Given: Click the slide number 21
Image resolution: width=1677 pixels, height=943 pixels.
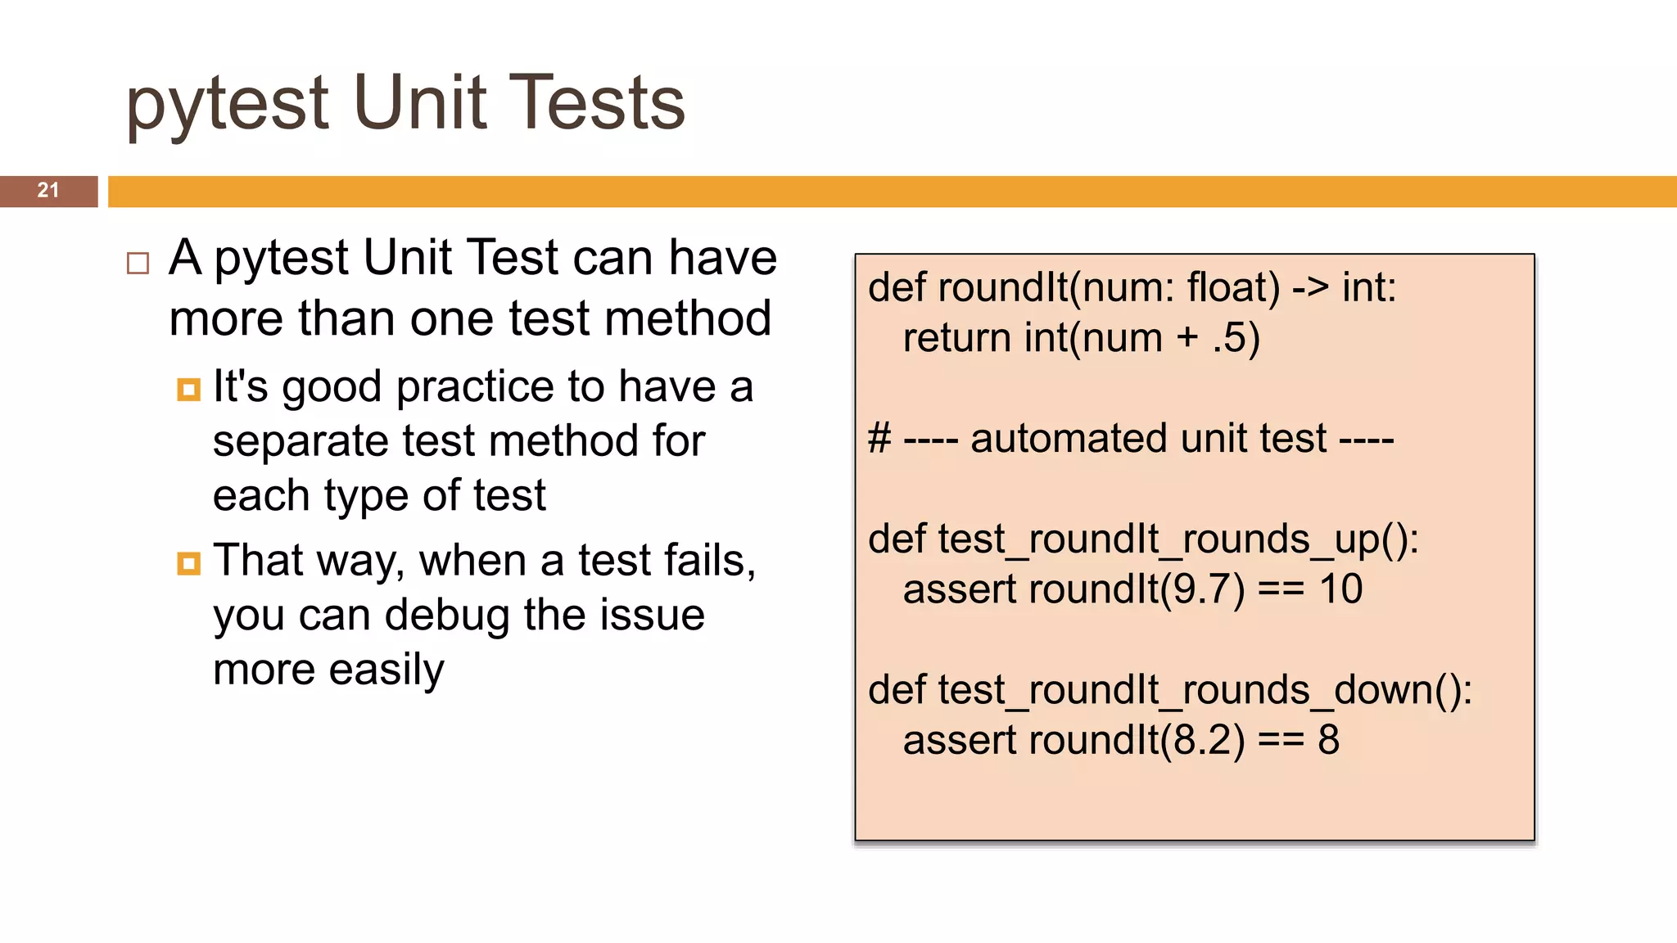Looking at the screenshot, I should (x=48, y=191).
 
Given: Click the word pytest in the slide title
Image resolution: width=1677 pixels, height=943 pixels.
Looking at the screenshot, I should (x=227, y=105).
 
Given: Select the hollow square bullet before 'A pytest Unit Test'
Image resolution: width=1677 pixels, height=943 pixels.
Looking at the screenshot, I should (x=138, y=264).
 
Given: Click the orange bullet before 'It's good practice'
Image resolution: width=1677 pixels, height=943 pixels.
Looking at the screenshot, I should (x=188, y=390).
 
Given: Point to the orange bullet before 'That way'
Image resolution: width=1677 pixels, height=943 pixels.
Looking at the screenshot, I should (x=188, y=564).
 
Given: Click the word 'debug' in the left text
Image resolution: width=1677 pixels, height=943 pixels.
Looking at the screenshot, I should (x=446, y=616).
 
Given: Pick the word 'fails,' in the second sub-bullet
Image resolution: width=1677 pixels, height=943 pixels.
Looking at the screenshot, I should (x=709, y=561).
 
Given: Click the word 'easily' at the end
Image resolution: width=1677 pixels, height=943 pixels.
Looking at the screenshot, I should (x=386, y=670).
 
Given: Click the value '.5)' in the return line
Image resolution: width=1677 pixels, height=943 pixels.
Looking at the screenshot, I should (x=1236, y=338).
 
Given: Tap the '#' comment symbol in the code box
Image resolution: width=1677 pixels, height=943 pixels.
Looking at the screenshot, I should (x=879, y=439).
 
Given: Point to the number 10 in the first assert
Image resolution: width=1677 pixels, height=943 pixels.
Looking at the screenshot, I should (x=1340, y=589).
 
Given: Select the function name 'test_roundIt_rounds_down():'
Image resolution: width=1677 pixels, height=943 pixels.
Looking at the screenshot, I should (x=1205, y=690).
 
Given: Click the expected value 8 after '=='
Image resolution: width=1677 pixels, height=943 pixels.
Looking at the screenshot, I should (x=1328, y=740).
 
